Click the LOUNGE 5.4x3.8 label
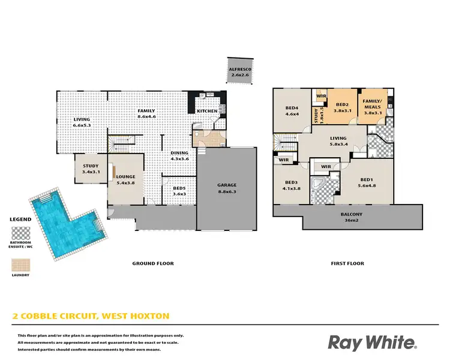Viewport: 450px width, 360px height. click(125, 179)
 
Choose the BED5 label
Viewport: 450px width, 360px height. click(179, 191)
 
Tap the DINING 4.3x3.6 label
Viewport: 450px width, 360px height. click(179, 155)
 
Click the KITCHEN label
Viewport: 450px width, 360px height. click(207, 111)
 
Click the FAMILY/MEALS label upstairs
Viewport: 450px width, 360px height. click(373, 107)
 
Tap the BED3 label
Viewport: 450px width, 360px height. click(292, 185)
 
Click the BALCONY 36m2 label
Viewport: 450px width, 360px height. click(353, 217)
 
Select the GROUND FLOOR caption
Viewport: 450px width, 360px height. click(153, 263)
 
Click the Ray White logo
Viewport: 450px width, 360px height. click(371, 342)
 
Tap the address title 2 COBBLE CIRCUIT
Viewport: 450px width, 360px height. click(90, 316)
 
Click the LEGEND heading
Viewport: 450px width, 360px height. click(20, 220)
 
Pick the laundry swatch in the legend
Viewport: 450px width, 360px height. click(20, 264)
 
